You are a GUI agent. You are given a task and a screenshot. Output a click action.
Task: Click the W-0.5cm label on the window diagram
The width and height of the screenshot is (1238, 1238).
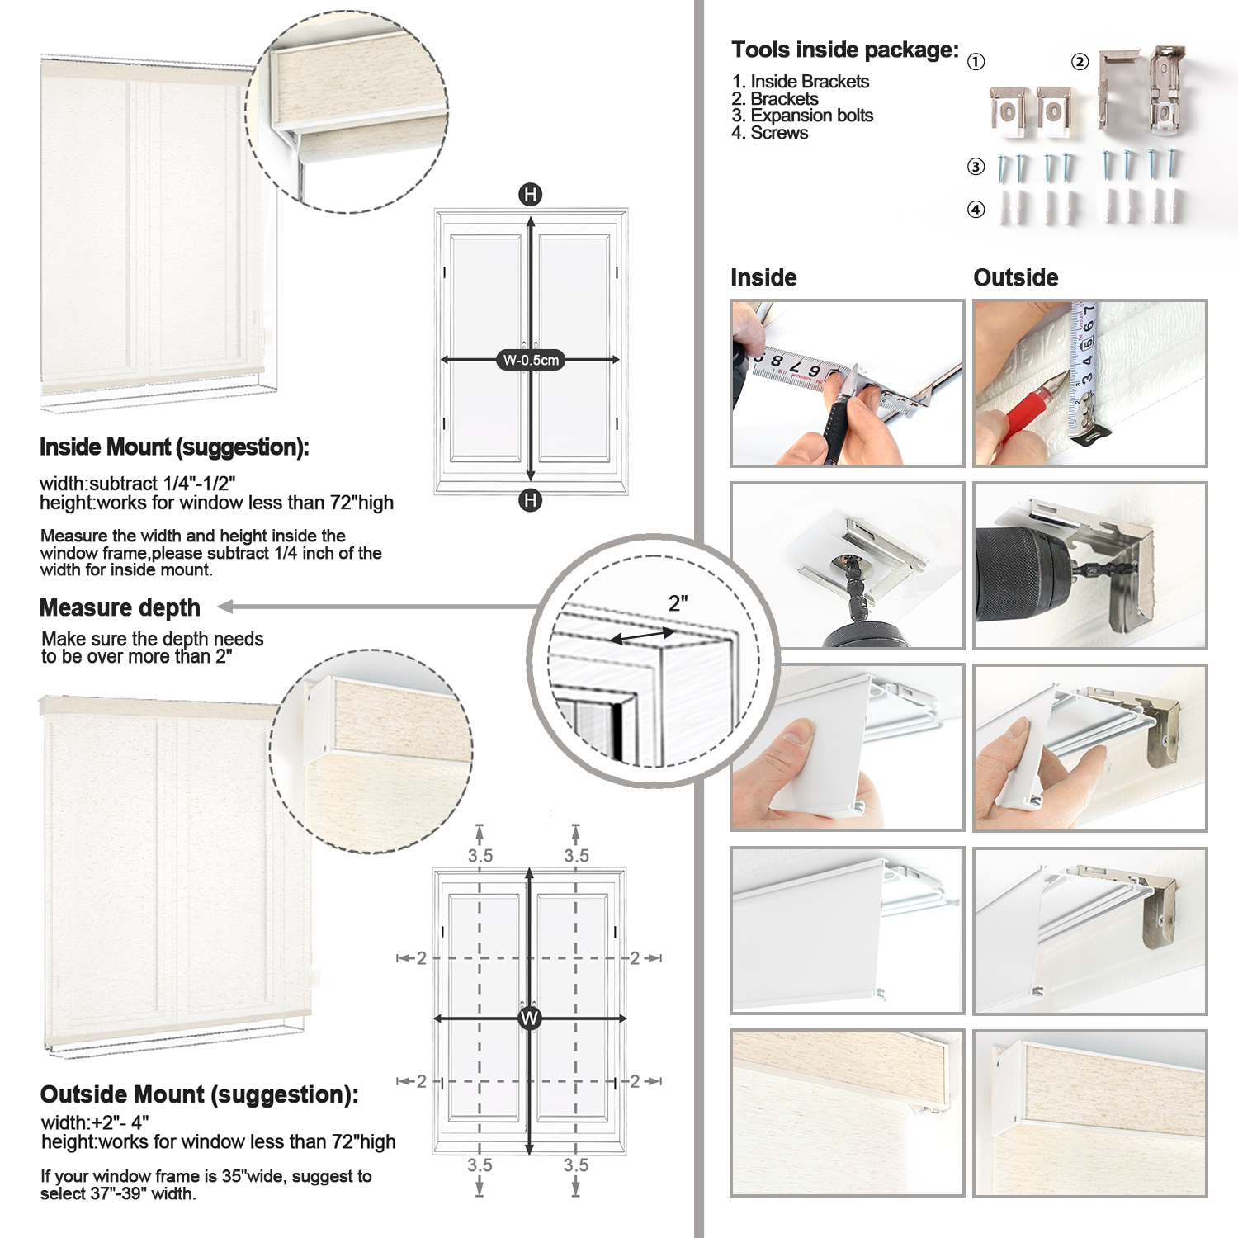pyautogui.click(x=531, y=360)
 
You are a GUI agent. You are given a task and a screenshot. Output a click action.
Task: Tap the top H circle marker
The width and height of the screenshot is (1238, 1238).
pyautogui.click(x=530, y=195)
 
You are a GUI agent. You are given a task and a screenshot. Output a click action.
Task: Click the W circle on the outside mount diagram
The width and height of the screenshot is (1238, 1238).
pyautogui.click(x=529, y=1018)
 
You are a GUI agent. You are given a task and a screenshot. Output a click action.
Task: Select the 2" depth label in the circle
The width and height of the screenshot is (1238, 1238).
pyautogui.click(x=678, y=603)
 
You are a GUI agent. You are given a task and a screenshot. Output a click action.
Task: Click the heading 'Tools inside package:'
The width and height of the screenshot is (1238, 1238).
pyautogui.click(x=845, y=50)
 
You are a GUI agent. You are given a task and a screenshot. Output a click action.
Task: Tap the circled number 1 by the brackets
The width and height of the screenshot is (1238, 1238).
pyautogui.click(x=976, y=62)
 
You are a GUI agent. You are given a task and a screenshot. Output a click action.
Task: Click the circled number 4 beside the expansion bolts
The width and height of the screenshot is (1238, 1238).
pyautogui.click(x=976, y=210)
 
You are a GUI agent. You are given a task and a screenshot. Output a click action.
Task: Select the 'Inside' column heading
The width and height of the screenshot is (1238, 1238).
pyautogui.click(x=763, y=277)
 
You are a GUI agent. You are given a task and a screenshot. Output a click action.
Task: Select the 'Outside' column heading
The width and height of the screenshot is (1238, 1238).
pyautogui.click(x=1015, y=277)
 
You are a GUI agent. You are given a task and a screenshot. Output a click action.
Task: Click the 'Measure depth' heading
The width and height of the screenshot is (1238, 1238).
pyautogui.click(x=120, y=608)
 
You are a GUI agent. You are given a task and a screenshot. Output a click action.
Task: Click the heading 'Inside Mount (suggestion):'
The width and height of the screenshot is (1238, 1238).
pyautogui.click(x=174, y=447)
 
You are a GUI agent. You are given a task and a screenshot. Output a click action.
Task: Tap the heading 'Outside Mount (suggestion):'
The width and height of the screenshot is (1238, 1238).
pyautogui.click(x=199, y=1094)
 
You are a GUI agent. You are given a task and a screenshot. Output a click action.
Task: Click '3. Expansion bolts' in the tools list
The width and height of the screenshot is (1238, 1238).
pyautogui.click(x=802, y=116)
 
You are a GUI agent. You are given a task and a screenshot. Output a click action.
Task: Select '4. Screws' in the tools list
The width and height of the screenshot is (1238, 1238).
pyautogui.click(x=769, y=133)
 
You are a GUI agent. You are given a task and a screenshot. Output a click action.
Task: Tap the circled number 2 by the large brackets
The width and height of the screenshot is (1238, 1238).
pyautogui.click(x=1080, y=62)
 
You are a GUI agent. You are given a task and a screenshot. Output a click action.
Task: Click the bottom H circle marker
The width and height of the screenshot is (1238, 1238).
pyautogui.click(x=530, y=500)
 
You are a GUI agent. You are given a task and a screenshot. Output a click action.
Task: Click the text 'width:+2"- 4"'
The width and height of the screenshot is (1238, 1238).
pyautogui.click(x=95, y=1123)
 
